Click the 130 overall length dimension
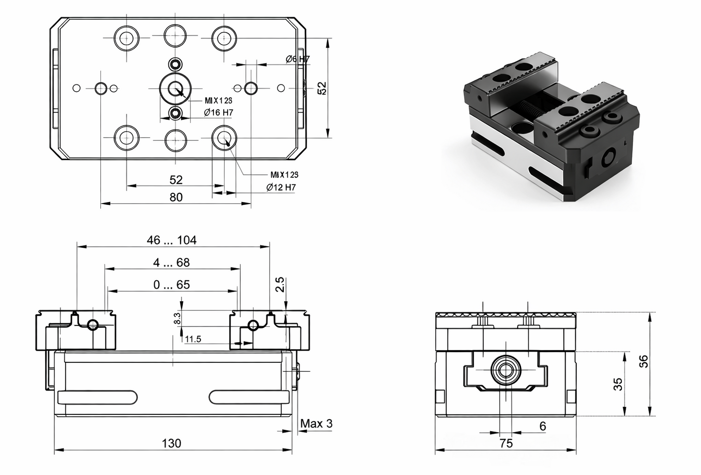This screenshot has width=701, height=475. coord(171,443)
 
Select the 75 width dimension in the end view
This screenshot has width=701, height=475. coord(505,443)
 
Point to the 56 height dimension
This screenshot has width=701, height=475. coord(643,361)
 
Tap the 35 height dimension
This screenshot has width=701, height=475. coord(618,384)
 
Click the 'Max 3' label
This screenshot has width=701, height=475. coord(316,424)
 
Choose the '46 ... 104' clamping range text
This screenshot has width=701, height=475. coord(172,240)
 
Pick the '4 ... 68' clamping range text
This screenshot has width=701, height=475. coord(171,263)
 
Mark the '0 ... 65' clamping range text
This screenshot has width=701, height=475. coord(171,285)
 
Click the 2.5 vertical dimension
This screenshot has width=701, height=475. coord(280,285)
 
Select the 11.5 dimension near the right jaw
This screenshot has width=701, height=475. coord(193,339)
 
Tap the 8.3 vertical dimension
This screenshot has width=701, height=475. coord(177,319)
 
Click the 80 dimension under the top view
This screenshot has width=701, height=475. coord(176,197)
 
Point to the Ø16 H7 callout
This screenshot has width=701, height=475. coord(218,113)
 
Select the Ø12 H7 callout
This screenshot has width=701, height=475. coord(281,187)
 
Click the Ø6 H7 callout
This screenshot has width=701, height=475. coord(297,59)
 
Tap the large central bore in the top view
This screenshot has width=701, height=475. coord(176,89)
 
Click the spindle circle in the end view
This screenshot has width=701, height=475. coord(505,372)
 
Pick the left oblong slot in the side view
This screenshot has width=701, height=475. coord(97,397)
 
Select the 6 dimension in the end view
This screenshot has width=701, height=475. coord(542,426)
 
